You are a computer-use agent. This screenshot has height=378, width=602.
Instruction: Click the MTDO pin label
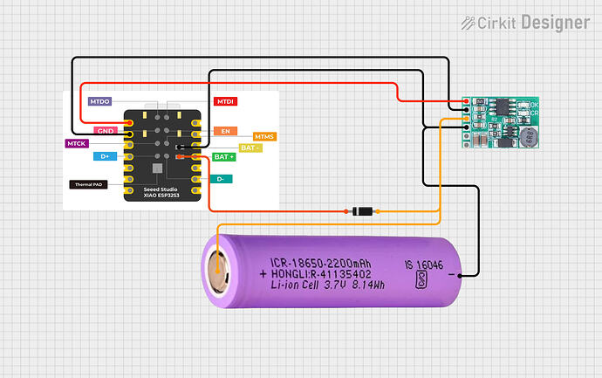point(99,102)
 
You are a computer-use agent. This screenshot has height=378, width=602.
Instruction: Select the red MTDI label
point(226,102)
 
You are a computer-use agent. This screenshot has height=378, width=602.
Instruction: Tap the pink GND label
point(106,131)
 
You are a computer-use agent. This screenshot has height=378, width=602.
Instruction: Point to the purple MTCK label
point(76,142)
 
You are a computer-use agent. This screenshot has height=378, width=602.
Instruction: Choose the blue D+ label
point(105,156)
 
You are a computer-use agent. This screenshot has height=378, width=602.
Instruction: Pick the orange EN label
point(224,131)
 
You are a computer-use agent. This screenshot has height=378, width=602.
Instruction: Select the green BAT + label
point(224,156)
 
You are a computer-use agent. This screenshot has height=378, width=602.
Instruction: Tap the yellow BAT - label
point(251,148)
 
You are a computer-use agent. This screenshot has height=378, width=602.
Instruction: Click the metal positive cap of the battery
point(219,272)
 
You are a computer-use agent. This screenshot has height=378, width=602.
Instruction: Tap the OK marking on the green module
point(535,106)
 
